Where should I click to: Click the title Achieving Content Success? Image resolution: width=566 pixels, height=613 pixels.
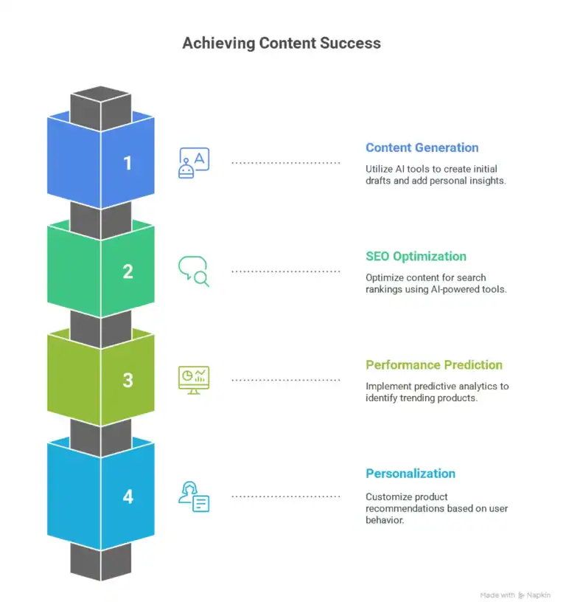pos(282,43)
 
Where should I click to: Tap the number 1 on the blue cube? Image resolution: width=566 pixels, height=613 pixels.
pos(127,162)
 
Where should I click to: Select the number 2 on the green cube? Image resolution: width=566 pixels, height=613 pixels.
pos(127,271)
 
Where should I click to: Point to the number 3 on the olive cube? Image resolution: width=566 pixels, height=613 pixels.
pos(127,380)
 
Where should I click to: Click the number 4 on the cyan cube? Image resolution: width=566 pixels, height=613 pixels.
pos(127,496)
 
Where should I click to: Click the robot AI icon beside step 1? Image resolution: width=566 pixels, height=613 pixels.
pos(194,162)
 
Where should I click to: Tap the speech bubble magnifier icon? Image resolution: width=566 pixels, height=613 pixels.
pos(194,271)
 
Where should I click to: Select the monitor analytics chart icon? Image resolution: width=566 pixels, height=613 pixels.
pos(194,380)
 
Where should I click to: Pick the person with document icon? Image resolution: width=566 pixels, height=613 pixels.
pos(194,496)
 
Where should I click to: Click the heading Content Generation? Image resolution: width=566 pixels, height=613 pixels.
pos(422,148)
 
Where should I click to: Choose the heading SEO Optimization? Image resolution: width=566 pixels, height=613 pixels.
pos(416,257)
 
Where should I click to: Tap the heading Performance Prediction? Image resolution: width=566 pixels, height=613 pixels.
pos(434,365)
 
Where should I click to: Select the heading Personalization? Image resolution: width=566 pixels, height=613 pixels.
pos(410,474)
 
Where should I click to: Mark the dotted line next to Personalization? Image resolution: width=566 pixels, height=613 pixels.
pos(286,496)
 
